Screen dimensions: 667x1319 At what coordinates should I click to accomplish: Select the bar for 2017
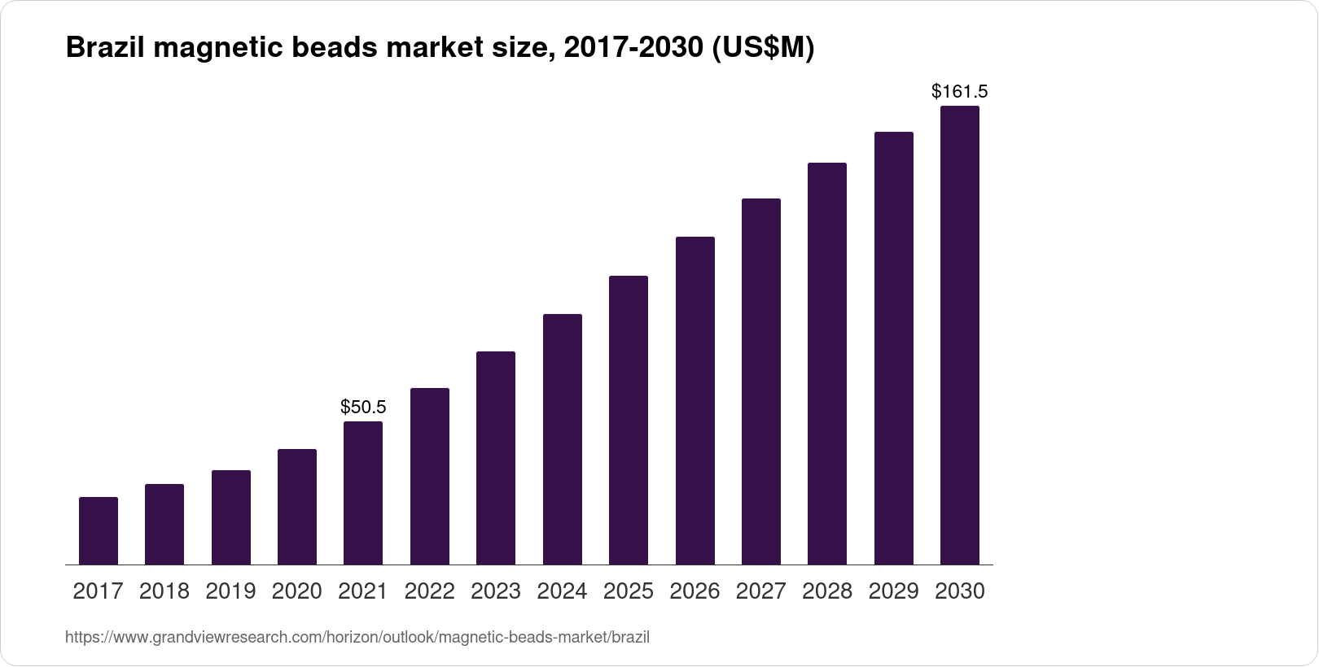pos(99,530)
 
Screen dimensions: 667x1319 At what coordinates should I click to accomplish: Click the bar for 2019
pos(231,517)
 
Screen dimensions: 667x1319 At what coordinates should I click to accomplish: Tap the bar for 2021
pos(363,493)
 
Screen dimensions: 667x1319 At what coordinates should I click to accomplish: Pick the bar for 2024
pos(563,439)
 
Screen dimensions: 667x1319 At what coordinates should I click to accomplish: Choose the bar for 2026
pos(695,400)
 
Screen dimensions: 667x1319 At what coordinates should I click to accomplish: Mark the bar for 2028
pos(827,364)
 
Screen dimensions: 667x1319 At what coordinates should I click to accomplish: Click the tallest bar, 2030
pos(960,335)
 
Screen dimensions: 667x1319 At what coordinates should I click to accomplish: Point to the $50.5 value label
pos(363,407)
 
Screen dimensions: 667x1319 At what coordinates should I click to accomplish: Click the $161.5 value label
pos(960,91)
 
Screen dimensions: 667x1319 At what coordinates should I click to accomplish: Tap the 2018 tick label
pos(164,591)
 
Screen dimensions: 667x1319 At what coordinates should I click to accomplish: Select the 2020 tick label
pos(297,591)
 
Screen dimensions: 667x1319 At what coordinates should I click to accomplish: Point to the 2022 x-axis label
pos(430,591)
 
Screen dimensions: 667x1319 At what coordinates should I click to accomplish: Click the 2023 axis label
pos(496,591)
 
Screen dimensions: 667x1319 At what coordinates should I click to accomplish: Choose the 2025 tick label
pos(629,591)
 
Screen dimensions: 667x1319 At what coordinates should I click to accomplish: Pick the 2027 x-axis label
pos(761,591)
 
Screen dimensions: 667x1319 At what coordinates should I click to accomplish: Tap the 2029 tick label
pos(894,591)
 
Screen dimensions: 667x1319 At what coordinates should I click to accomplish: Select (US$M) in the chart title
pos(763,49)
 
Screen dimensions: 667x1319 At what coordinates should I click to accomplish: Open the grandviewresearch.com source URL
pos(357,637)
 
